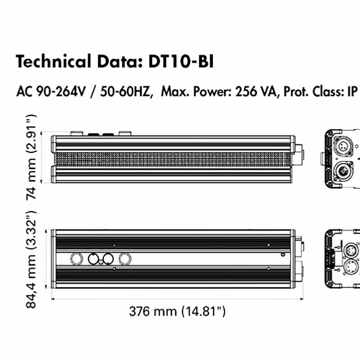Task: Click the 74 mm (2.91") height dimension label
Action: coord(31,157)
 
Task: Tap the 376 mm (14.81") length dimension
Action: coord(177,311)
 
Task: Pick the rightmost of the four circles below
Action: coord(125,259)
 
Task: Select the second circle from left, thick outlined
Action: coord(94,259)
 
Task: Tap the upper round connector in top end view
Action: coord(343,147)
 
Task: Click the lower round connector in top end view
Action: coord(343,171)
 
